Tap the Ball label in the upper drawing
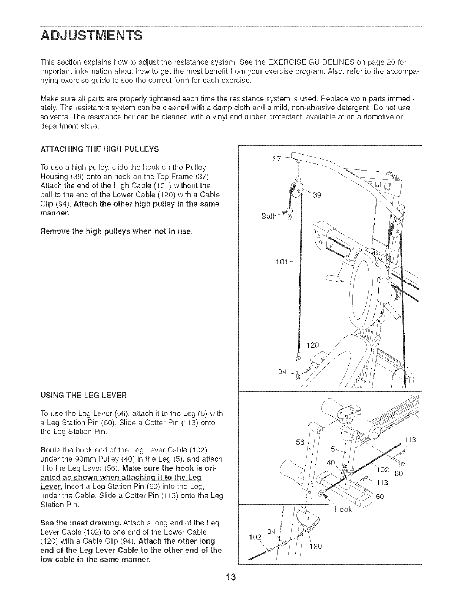[268, 217]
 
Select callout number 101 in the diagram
[282, 262]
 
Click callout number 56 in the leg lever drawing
[300, 442]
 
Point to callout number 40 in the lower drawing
[331, 463]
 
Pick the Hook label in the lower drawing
[343, 509]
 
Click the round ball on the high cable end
[289, 211]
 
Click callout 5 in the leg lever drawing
[333, 449]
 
